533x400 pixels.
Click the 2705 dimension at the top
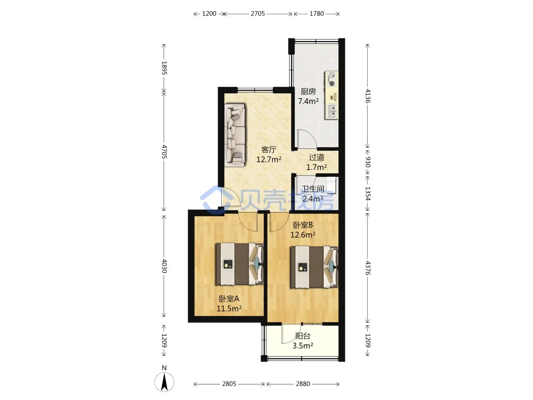[x=258, y=14]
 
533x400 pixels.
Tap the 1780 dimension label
[x=316, y=14]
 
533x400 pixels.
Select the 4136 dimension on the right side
[x=368, y=96]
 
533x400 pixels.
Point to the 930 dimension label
[x=368, y=162]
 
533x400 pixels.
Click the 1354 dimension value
[x=368, y=194]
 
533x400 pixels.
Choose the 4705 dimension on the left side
[x=164, y=151]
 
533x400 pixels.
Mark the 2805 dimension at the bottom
[x=229, y=384]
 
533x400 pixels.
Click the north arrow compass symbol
[x=164, y=382]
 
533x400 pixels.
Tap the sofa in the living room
[x=235, y=136]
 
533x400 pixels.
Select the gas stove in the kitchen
[x=331, y=79]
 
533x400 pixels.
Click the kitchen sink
[x=332, y=111]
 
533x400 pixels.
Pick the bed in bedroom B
[x=314, y=267]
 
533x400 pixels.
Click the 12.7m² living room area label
[x=269, y=160]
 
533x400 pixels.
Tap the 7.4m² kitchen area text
[x=308, y=101]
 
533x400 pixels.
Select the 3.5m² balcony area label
[x=302, y=346]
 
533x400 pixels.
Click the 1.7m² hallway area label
[x=316, y=167]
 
